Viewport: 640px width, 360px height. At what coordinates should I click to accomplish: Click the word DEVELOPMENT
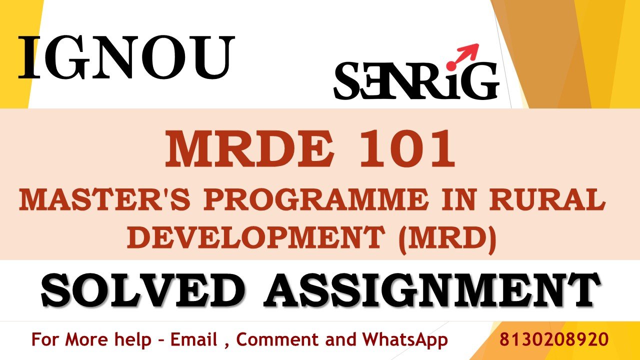point(256,238)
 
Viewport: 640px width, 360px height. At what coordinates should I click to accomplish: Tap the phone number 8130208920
point(554,339)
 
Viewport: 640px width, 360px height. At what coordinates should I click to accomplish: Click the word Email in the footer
point(194,339)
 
